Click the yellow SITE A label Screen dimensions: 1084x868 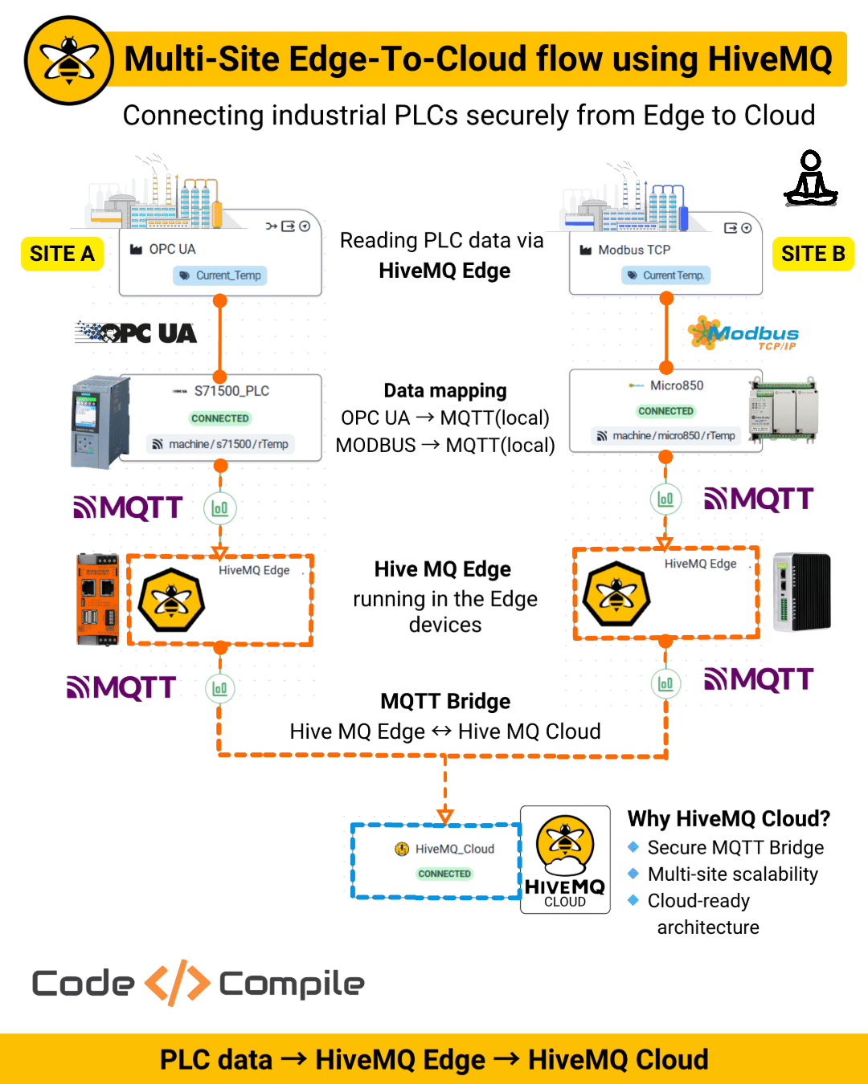pyautogui.click(x=62, y=254)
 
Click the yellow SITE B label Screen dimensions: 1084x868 pyautogui.click(x=813, y=254)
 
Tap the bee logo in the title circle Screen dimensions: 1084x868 pyautogui.click(x=69, y=61)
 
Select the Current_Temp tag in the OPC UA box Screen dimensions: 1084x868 pyautogui.click(x=220, y=275)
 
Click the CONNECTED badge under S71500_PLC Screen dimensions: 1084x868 pyautogui.click(x=220, y=418)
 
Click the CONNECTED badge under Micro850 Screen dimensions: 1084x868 pyautogui.click(x=665, y=411)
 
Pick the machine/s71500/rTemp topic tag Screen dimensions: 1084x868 pyautogui.click(x=220, y=444)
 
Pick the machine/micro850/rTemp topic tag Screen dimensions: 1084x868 pyautogui.click(x=665, y=436)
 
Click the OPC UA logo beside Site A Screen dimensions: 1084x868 pyautogui.click(x=136, y=332)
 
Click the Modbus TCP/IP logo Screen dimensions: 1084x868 pyautogui.click(x=743, y=334)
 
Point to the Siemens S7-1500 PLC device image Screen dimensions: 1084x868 pyautogui.click(x=100, y=422)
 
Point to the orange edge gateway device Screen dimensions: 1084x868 pyautogui.click(x=97, y=599)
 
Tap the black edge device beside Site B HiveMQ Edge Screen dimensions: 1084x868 pyautogui.click(x=801, y=592)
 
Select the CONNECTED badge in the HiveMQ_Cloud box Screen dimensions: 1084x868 pyautogui.click(x=444, y=874)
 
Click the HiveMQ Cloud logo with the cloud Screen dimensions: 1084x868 pyautogui.click(x=565, y=859)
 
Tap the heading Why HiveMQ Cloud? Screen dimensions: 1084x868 pyautogui.click(x=728, y=818)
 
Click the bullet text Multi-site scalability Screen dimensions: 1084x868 pyautogui.click(x=732, y=874)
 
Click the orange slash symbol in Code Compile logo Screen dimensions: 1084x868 pyautogui.click(x=177, y=983)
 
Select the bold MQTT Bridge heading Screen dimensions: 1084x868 pyautogui.click(x=445, y=701)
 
